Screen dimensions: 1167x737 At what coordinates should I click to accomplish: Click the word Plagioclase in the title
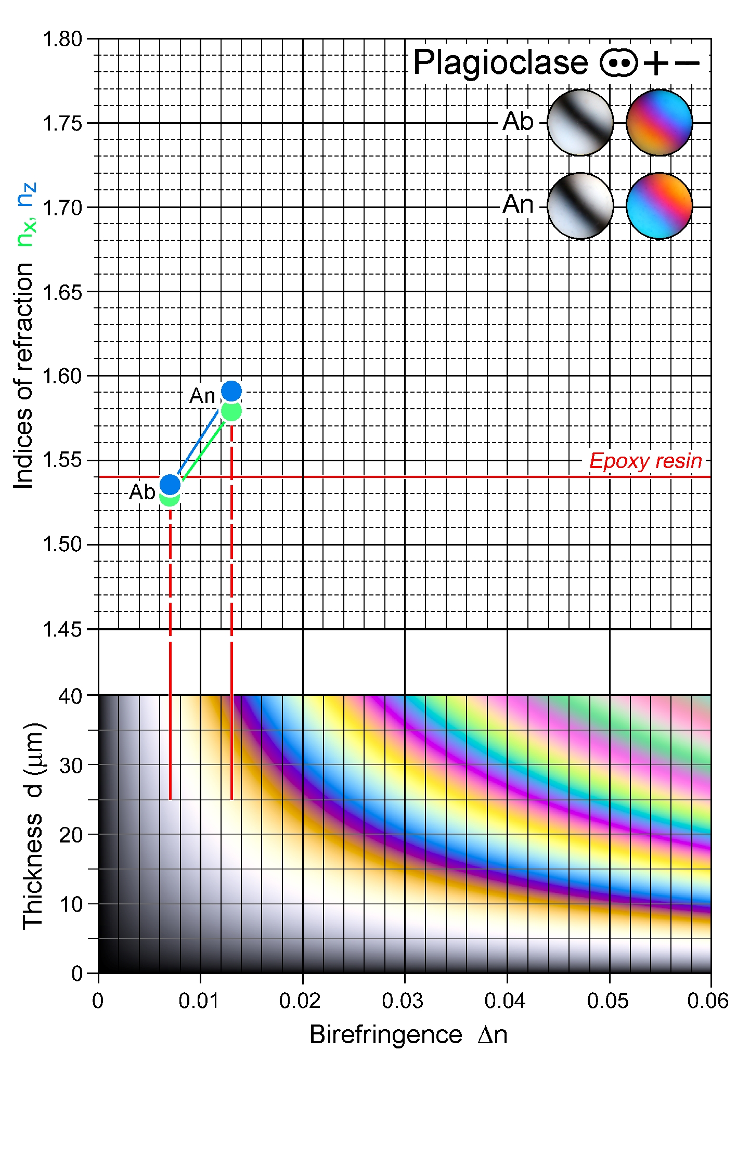pyautogui.click(x=500, y=63)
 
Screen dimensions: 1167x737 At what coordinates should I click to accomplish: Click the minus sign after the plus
pyautogui.click(x=688, y=63)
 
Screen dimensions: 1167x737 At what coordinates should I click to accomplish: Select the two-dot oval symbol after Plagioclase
pyautogui.click(x=618, y=63)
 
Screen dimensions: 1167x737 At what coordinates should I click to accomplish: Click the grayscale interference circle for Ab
pyautogui.click(x=580, y=123)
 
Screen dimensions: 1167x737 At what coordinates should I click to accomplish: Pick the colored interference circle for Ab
pyautogui.click(x=659, y=123)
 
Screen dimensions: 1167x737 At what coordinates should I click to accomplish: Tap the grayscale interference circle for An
pyautogui.click(x=580, y=206)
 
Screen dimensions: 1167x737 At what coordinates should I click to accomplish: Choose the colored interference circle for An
pyautogui.click(x=659, y=206)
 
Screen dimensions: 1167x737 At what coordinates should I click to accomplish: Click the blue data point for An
pyautogui.click(x=231, y=391)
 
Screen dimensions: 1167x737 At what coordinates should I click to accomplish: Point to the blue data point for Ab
pyautogui.click(x=170, y=484)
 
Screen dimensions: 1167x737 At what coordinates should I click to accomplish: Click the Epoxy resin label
pyautogui.click(x=645, y=461)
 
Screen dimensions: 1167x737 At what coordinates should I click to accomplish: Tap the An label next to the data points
pyautogui.click(x=202, y=396)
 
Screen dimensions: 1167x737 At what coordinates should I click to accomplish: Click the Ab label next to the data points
pyautogui.click(x=142, y=492)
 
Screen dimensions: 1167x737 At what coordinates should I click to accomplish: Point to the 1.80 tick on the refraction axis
pyautogui.click(x=62, y=39)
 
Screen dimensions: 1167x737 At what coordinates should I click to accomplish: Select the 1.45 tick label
pyautogui.click(x=62, y=630)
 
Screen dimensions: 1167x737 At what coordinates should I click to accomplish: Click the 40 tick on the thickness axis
pyautogui.click(x=70, y=695)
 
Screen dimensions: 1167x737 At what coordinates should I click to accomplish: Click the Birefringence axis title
pyautogui.click(x=385, y=1035)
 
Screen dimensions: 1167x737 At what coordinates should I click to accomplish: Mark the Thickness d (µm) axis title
pyautogui.click(x=32, y=825)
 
